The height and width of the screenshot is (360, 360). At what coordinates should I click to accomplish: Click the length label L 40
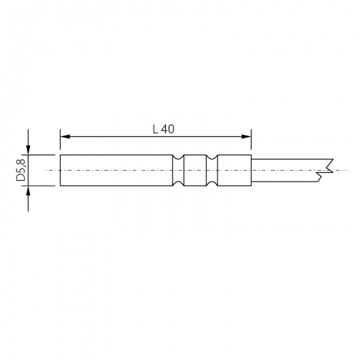(x=164, y=130)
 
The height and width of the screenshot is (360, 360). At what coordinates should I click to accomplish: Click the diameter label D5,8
(x=21, y=170)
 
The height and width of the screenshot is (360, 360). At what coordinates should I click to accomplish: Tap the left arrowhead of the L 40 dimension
(x=64, y=136)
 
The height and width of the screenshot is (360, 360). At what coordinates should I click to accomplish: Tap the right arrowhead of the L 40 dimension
(x=248, y=136)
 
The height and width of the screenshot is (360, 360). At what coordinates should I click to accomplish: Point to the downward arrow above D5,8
(x=28, y=149)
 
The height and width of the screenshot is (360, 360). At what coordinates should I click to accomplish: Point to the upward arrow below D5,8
(x=28, y=191)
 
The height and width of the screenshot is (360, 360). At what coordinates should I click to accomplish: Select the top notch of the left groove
(x=178, y=157)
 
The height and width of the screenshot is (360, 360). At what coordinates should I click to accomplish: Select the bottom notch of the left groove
(x=178, y=183)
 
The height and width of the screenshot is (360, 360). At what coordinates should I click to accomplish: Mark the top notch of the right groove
(x=211, y=157)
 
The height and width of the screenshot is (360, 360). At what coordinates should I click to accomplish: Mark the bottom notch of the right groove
(x=211, y=183)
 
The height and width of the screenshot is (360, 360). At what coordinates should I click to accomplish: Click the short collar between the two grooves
(x=195, y=170)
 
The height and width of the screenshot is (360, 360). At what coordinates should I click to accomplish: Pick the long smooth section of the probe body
(x=116, y=170)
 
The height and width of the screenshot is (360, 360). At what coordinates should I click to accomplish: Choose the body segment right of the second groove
(x=235, y=170)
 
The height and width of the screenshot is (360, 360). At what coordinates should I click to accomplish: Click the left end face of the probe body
(x=60, y=170)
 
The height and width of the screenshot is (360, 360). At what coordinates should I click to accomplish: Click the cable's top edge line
(x=291, y=159)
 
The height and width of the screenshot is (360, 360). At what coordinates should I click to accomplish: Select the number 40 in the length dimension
(x=168, y=130)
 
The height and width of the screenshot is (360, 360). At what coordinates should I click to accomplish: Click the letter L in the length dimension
(x=155, y=130)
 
